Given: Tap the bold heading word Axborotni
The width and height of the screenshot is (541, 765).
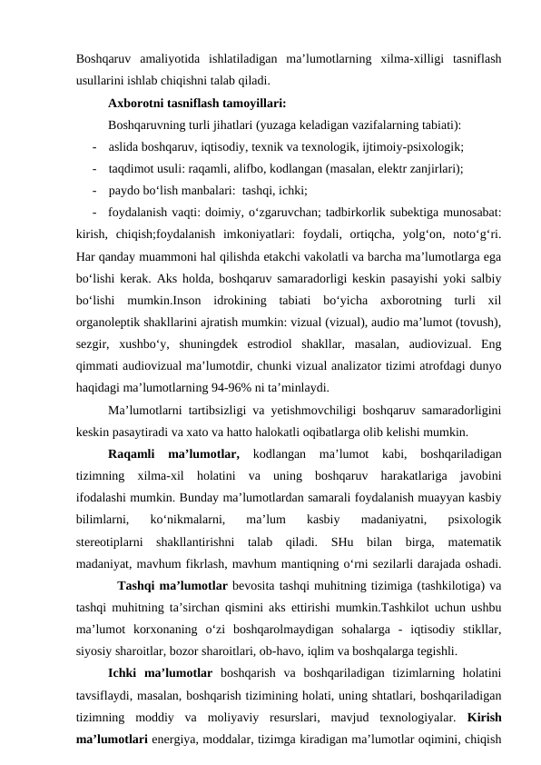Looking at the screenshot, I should pyautogui.click(x=140, y=102).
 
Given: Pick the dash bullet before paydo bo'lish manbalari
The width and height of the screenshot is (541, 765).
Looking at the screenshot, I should pyautogui.click(x=95, y=190).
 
